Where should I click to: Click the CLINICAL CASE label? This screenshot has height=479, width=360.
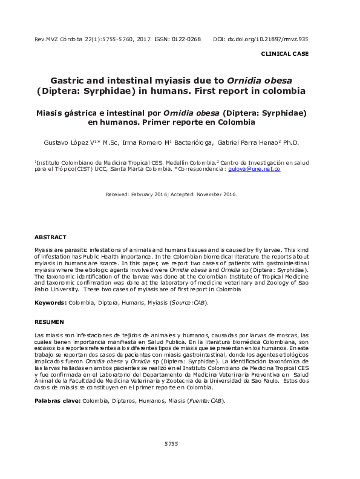[284, 54]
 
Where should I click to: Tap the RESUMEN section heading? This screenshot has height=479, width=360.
[48, 322]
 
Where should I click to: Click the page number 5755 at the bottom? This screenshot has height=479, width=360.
[171, 444]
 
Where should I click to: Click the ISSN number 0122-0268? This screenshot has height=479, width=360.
[186, 39]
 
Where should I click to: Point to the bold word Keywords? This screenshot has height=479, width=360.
[50, 302]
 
